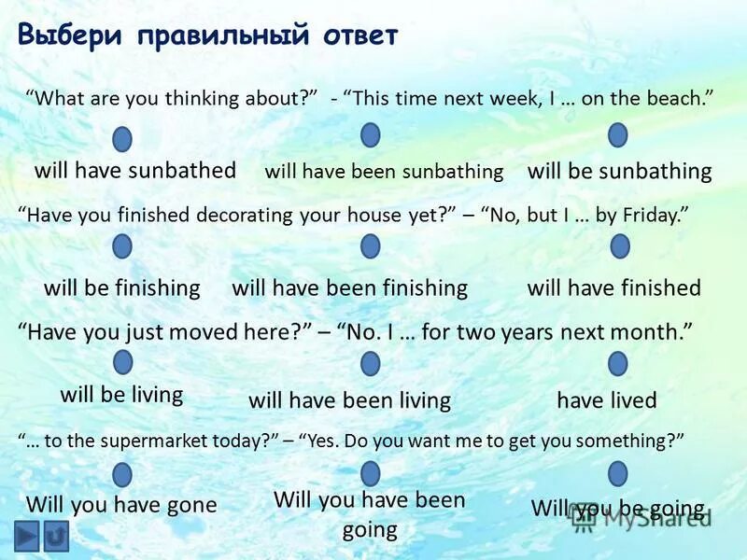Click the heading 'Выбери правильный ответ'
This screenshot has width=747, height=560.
coord(207,35)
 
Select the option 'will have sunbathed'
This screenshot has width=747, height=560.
coord(135,170)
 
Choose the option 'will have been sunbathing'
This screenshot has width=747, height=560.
coord(384,172)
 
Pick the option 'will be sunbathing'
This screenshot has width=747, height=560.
coord(619,172)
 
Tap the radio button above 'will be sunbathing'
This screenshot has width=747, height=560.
coord(617,135)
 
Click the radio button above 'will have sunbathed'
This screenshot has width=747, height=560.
coord(122,139)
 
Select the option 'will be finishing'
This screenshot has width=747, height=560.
coord(122,287)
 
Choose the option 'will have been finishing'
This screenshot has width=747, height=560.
coord(349,287)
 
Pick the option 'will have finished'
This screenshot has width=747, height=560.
coord(613,287)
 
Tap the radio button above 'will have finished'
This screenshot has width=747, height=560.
coord(619,245)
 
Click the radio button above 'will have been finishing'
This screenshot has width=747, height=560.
coord(371,245)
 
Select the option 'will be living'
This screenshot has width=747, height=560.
coord(121,394)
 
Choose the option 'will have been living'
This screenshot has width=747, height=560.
coord(349,400)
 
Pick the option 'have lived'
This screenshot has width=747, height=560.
coord(607,400)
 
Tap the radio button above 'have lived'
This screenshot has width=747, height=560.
coord(617,363)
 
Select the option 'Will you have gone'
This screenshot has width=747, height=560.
coord(121,505)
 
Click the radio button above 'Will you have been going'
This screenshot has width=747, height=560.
coord(371,473)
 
